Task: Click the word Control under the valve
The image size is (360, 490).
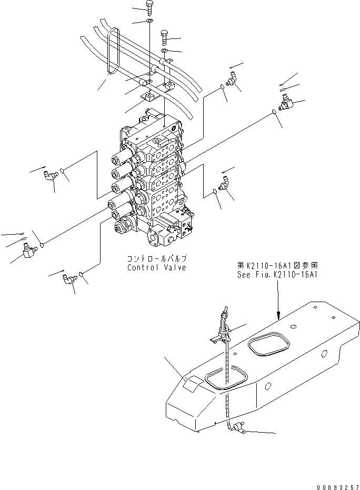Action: click(143, 267)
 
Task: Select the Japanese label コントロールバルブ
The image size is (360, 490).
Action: click(156, 259)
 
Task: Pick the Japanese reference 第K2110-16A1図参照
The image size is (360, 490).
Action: click(278, 266)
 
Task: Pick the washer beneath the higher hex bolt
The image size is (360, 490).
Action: click(149, 22)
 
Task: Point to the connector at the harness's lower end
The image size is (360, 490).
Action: click(239, 428)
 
